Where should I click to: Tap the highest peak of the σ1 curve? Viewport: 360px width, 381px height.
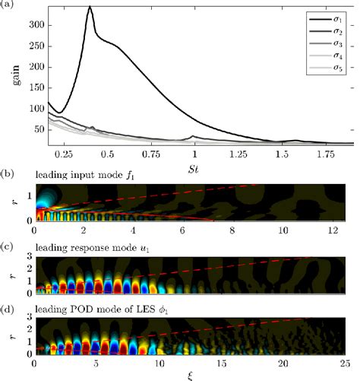click(90, 7)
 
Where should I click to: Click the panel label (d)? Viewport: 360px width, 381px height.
click(8, 307)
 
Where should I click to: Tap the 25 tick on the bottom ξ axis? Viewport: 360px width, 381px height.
click(352, 364)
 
